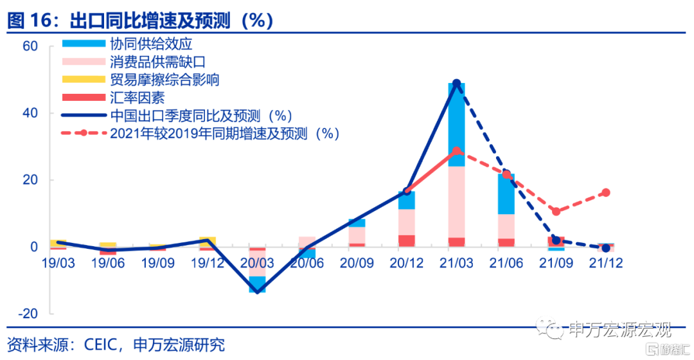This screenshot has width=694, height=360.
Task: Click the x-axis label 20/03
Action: pyautogui.click(x=257, y=263)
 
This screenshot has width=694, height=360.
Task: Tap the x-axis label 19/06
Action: pyautogui.click(x=107, y=263)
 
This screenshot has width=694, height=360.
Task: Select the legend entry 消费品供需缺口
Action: pyautogui.click(x=157, y=62)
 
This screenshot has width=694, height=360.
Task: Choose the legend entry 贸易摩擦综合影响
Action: pyautogui.click(x=165, y=80)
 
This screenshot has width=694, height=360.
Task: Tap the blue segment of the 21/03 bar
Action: pyautogui.click(x=457, y=125)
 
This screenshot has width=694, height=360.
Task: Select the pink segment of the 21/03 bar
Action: pyautogui.click(x=457, y=202)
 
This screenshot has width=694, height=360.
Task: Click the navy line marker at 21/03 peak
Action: pyautogui.click(x=457, y=84)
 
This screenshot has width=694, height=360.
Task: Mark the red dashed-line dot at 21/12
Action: pyautogui.click(x=606, y=192)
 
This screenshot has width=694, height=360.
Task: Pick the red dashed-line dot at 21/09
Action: pyautogui.click(x=556, y=212)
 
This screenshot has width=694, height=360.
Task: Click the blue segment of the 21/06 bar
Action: pyautogui.click(x=506, y=194)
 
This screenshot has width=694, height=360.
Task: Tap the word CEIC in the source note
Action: pyautogui.click(x=100, y=345)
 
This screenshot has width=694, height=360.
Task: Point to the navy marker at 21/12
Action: pyautogui.click(x=606, y=248)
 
